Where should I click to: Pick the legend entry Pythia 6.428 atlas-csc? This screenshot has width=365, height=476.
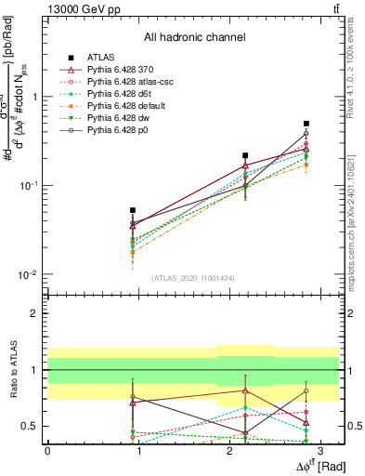[131, 82]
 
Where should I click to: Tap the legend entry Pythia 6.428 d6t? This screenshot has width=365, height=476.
[122, 94]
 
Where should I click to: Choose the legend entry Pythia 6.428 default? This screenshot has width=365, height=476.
[127, 106]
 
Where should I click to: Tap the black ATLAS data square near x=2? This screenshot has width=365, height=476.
[245, 156]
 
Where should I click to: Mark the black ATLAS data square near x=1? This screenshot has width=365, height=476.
[133, 211]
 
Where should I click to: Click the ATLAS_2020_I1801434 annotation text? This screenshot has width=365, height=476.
[194, 278]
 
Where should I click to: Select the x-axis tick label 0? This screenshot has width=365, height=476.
[47, 450]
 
